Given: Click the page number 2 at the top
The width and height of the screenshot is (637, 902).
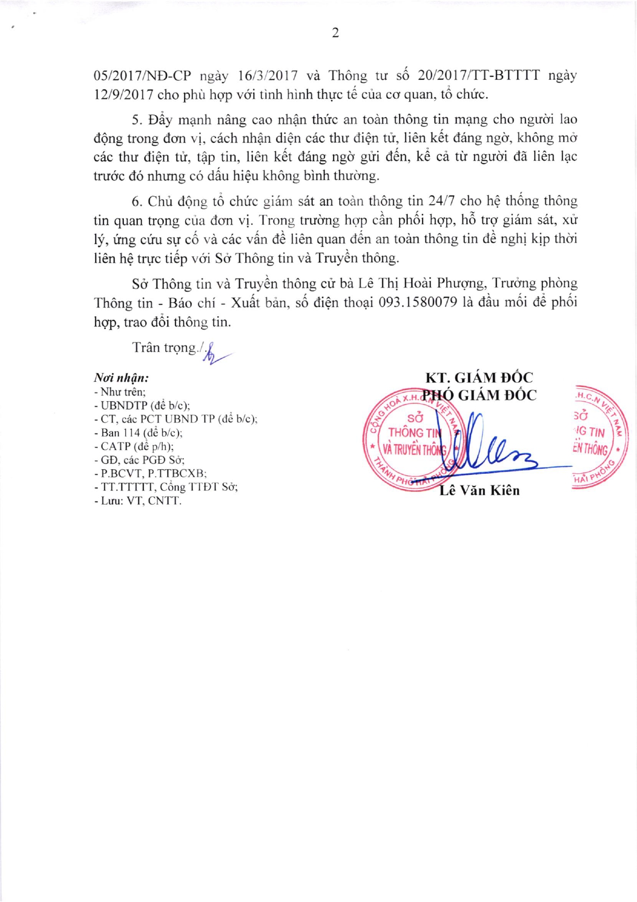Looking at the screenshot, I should [335, 33].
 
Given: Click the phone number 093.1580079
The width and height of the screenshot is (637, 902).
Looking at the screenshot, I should [418, 302].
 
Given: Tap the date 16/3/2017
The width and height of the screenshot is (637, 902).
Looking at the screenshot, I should [268, 76].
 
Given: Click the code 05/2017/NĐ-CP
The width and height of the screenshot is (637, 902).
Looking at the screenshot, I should [142, 76].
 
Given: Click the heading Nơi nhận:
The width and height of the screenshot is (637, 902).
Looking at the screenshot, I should [121, 378].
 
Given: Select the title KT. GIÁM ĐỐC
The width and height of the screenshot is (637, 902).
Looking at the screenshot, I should [479, 378].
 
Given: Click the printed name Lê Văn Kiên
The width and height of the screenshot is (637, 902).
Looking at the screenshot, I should [479, 490].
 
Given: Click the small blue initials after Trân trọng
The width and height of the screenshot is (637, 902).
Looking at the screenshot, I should [212, 353].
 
